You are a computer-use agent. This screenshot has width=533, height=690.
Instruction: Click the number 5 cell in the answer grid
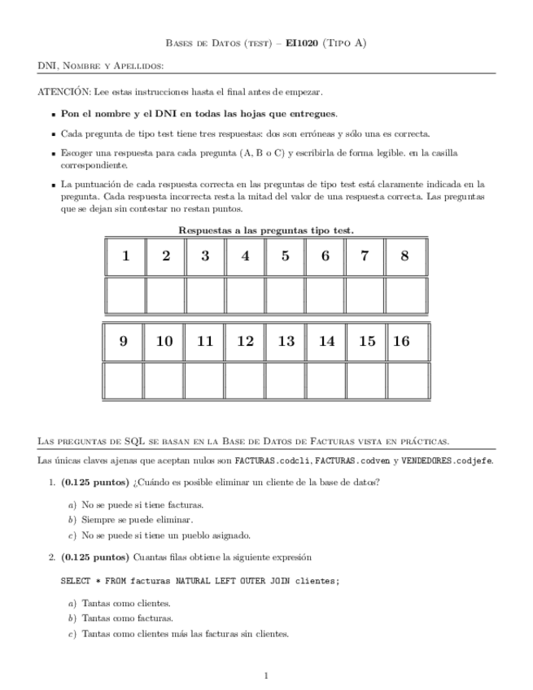point(286,255)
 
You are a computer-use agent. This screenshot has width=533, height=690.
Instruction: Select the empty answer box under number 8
point(405,295)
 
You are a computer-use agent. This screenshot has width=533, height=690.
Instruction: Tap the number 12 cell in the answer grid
point(245,342)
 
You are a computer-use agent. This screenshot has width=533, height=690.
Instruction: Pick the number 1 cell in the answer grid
point(125,255)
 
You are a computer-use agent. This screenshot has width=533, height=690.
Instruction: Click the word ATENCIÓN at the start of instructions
point(65,92)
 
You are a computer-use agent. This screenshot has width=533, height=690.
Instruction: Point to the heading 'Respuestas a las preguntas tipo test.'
point(266,230)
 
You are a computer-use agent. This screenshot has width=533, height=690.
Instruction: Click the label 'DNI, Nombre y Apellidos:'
point(101,65)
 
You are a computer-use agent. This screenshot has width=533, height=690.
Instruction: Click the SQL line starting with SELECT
point(200,581)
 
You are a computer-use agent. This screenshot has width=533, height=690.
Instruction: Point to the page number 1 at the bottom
point(267,675)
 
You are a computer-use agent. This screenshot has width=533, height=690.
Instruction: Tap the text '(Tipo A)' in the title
point(346,43)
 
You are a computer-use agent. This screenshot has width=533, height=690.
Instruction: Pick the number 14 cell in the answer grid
point(326,342)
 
